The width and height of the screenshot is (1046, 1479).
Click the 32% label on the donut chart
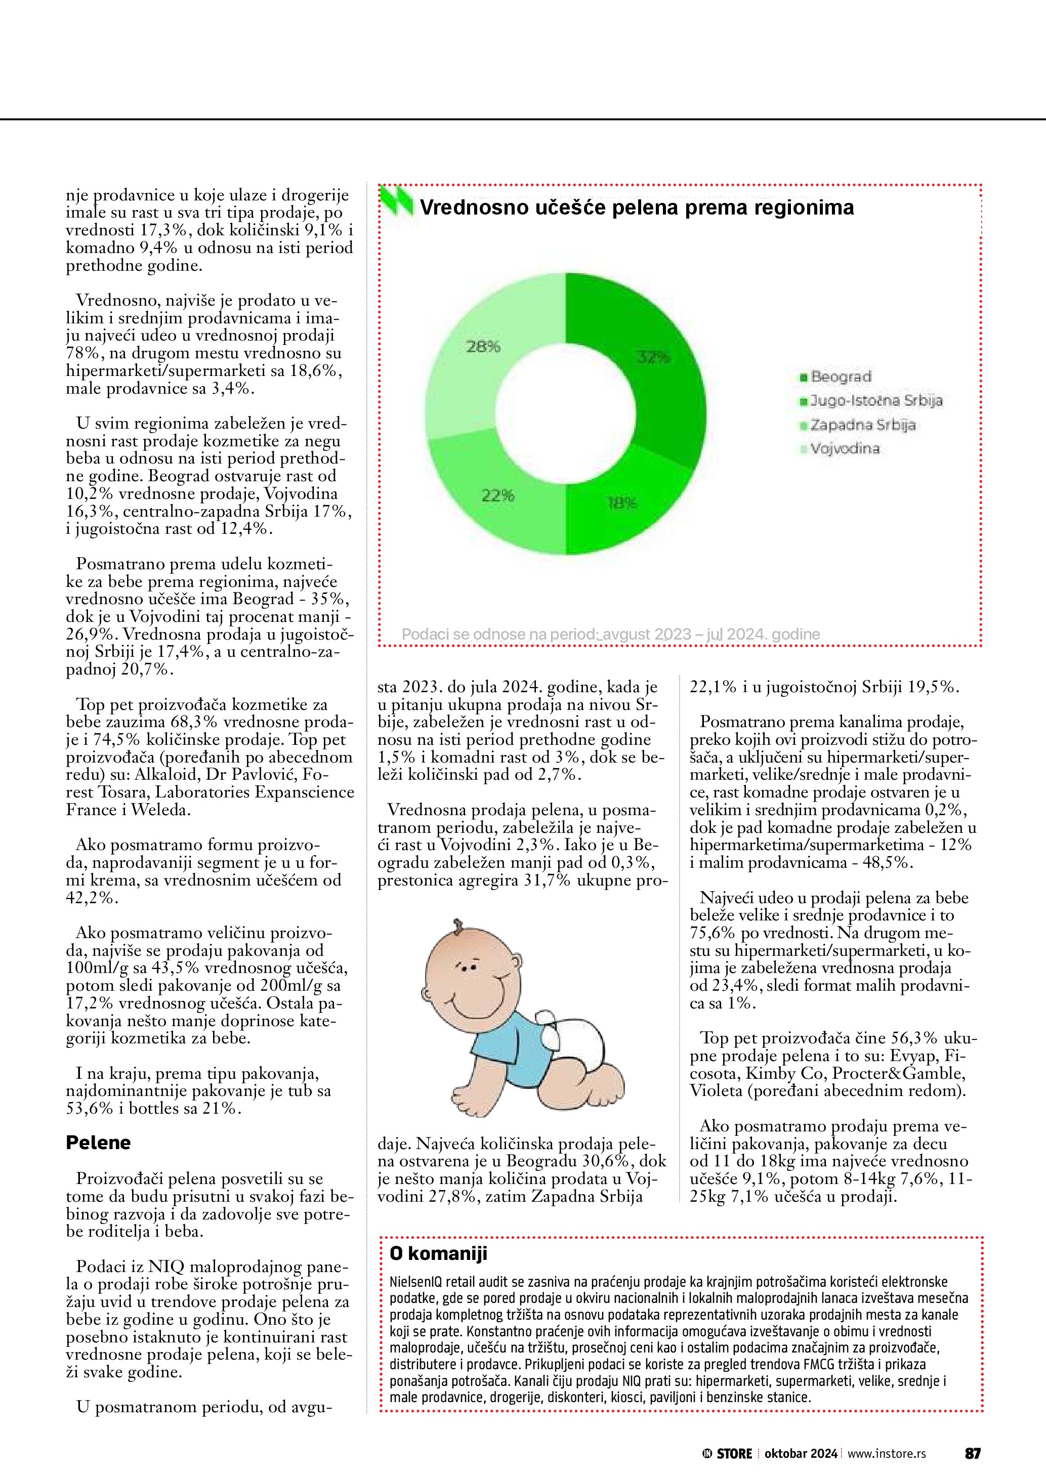point(654,357)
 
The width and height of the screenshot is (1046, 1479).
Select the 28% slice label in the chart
point(483,347)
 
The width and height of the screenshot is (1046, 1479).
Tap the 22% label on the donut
point(498,495)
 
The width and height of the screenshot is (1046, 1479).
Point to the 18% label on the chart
point(621,503)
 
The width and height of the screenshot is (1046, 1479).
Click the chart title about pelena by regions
point(637,207)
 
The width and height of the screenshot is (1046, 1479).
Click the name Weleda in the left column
point(160,810)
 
